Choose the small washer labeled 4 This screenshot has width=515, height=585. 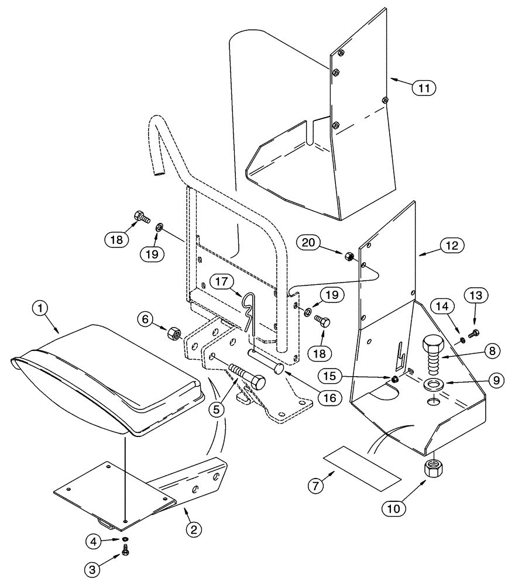point(124,539)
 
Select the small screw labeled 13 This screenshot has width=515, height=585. point(473,332)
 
